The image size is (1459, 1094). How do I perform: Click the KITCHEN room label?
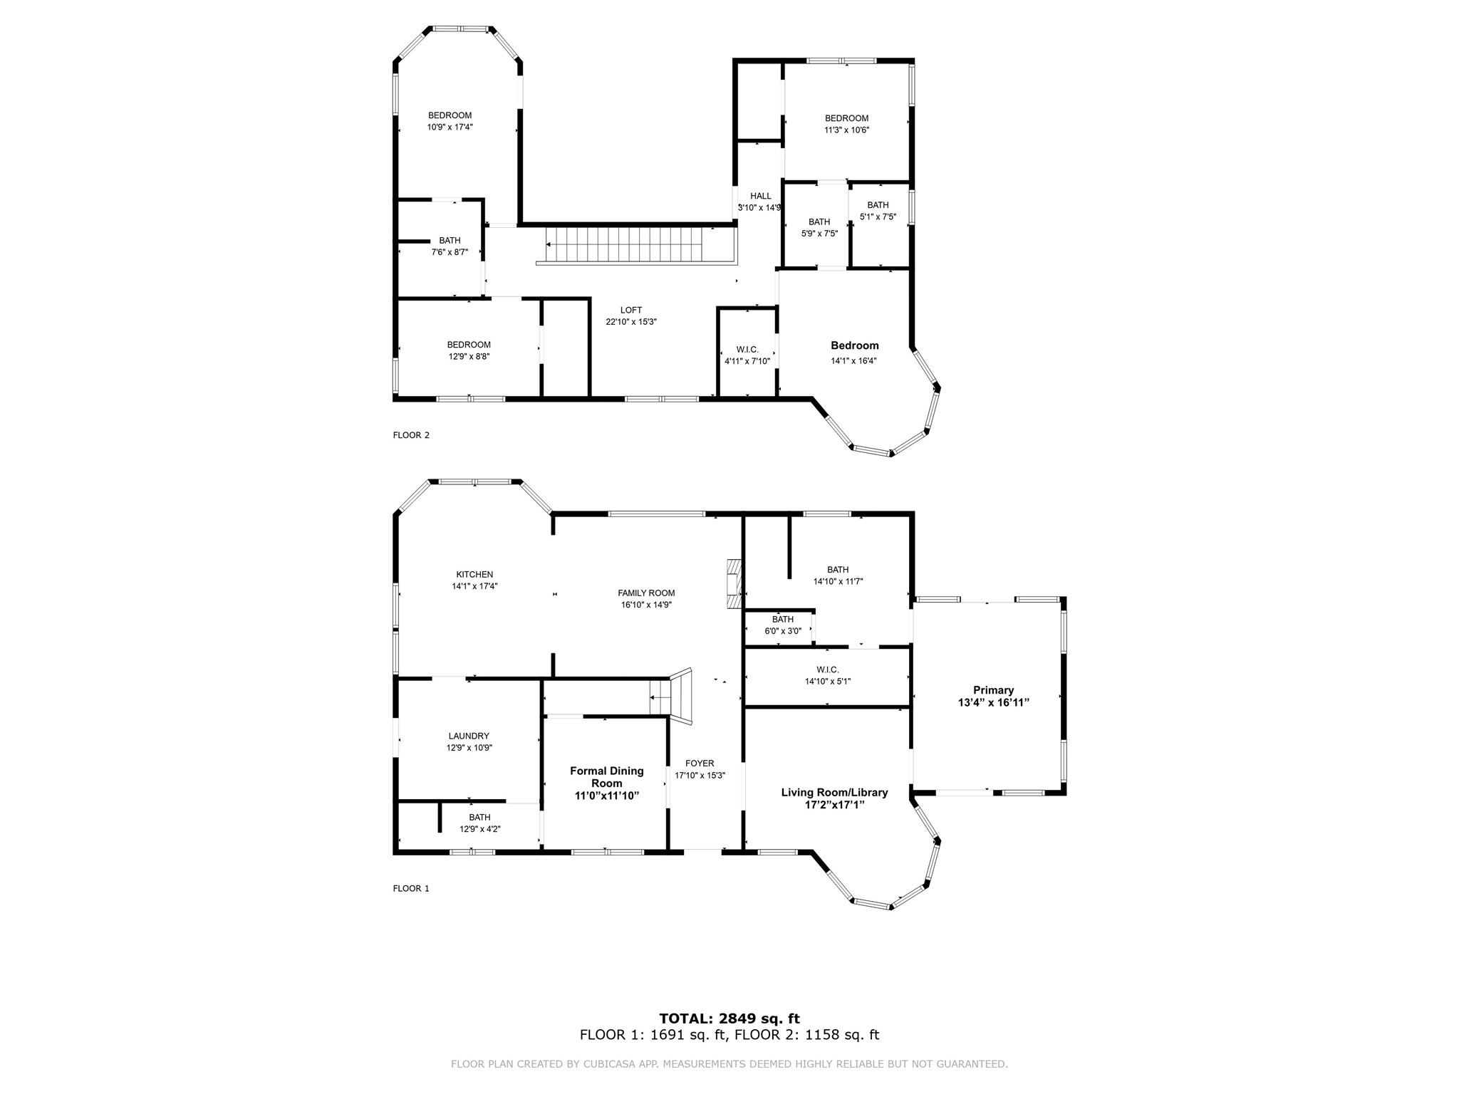[474, 575]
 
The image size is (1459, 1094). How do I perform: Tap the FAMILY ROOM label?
[646, 593]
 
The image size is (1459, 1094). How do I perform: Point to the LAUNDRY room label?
[469, 736]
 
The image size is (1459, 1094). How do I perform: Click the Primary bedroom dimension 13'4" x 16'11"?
[993, 702]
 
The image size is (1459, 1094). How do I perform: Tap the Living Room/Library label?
[834, 792]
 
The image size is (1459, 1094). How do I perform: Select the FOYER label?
[700, 764]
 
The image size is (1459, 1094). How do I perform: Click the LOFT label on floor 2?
[631, 310]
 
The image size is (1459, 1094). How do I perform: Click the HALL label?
[760, 196]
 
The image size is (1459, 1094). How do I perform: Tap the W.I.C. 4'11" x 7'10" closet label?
[747, 350]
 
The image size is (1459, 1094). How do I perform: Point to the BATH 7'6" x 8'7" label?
[450, 241]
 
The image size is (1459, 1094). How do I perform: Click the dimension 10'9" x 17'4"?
[450, 127]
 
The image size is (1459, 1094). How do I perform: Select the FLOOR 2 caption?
[411, 435]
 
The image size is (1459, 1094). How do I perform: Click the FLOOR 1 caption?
[411, 888]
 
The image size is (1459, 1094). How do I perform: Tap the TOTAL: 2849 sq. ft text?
[729, 1019]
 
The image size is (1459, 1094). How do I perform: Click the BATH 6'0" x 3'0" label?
[782, 620]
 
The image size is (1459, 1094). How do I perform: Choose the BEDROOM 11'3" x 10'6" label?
[846, 118]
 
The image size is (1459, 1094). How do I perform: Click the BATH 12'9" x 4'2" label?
[479, 818]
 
